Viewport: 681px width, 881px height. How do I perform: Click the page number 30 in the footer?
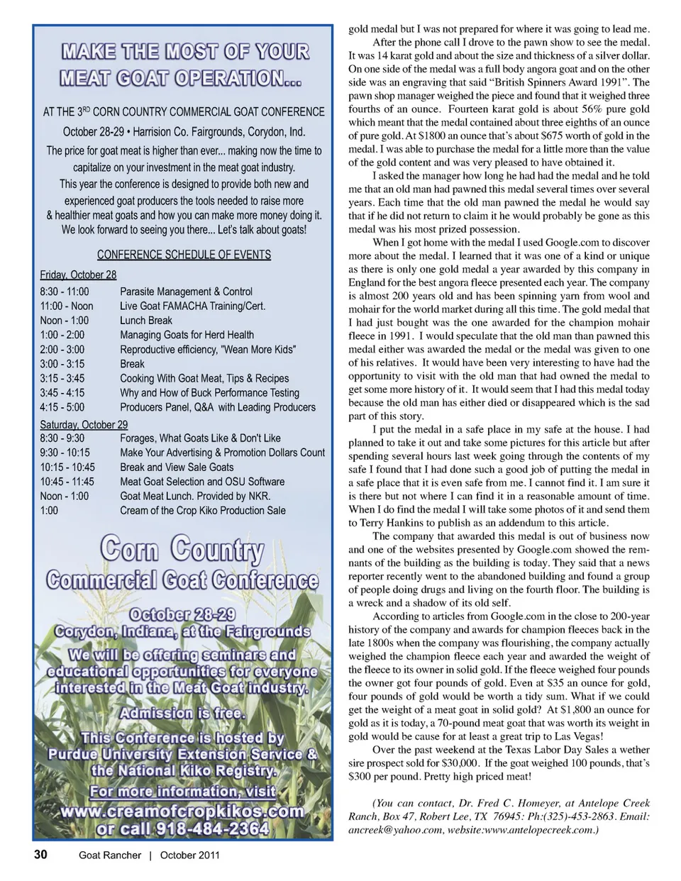[40, 855]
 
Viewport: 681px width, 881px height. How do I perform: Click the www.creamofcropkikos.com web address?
[183, 811]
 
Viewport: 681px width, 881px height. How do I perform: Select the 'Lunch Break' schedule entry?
[146, 320]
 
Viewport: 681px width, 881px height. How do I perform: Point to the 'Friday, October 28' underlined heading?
[78, 275]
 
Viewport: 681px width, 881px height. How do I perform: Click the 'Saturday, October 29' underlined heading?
[84, 424]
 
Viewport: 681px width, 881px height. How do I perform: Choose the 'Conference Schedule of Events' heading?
[184, 254]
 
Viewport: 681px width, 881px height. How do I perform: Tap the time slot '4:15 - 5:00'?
[62, 407]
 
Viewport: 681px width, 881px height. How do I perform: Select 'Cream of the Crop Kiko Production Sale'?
[203, 510]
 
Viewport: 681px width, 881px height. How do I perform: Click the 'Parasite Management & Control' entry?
[186, 292]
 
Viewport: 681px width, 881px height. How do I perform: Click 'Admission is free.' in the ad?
[183, 712]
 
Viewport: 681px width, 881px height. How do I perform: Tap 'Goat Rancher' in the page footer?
[109, 855]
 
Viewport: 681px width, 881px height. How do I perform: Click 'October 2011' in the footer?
[189, 855]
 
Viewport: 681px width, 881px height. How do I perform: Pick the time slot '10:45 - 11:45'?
[67, 482]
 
